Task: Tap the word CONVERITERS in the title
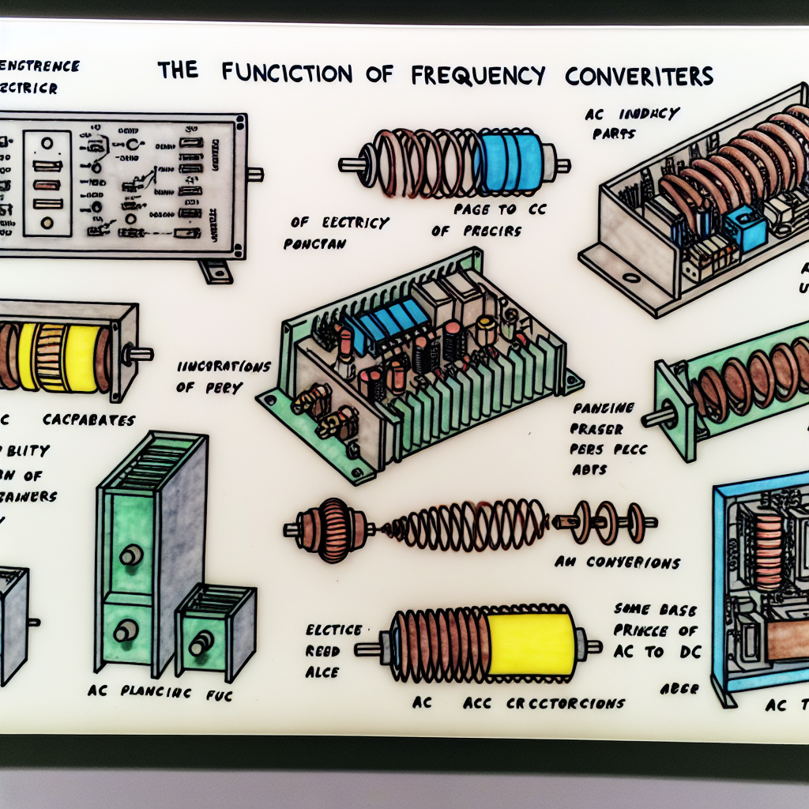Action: click(x=639, y=74)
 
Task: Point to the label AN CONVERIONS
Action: click(x=617, y=563)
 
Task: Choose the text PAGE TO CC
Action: click(x=485, y=211)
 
